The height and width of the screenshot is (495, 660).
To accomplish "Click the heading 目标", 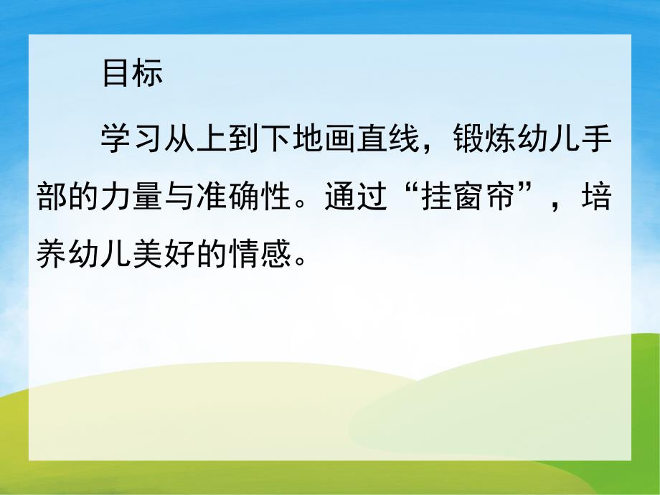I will (132, 74).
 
